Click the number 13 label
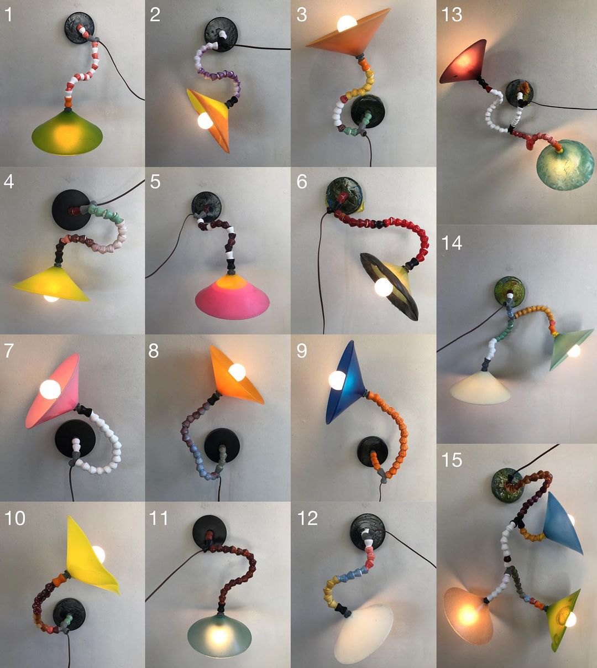(x=452, y=15)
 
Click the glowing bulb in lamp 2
(x=206, y=121)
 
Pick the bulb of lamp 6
(x=384, y=288)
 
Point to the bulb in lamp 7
(x=50, y=389)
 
